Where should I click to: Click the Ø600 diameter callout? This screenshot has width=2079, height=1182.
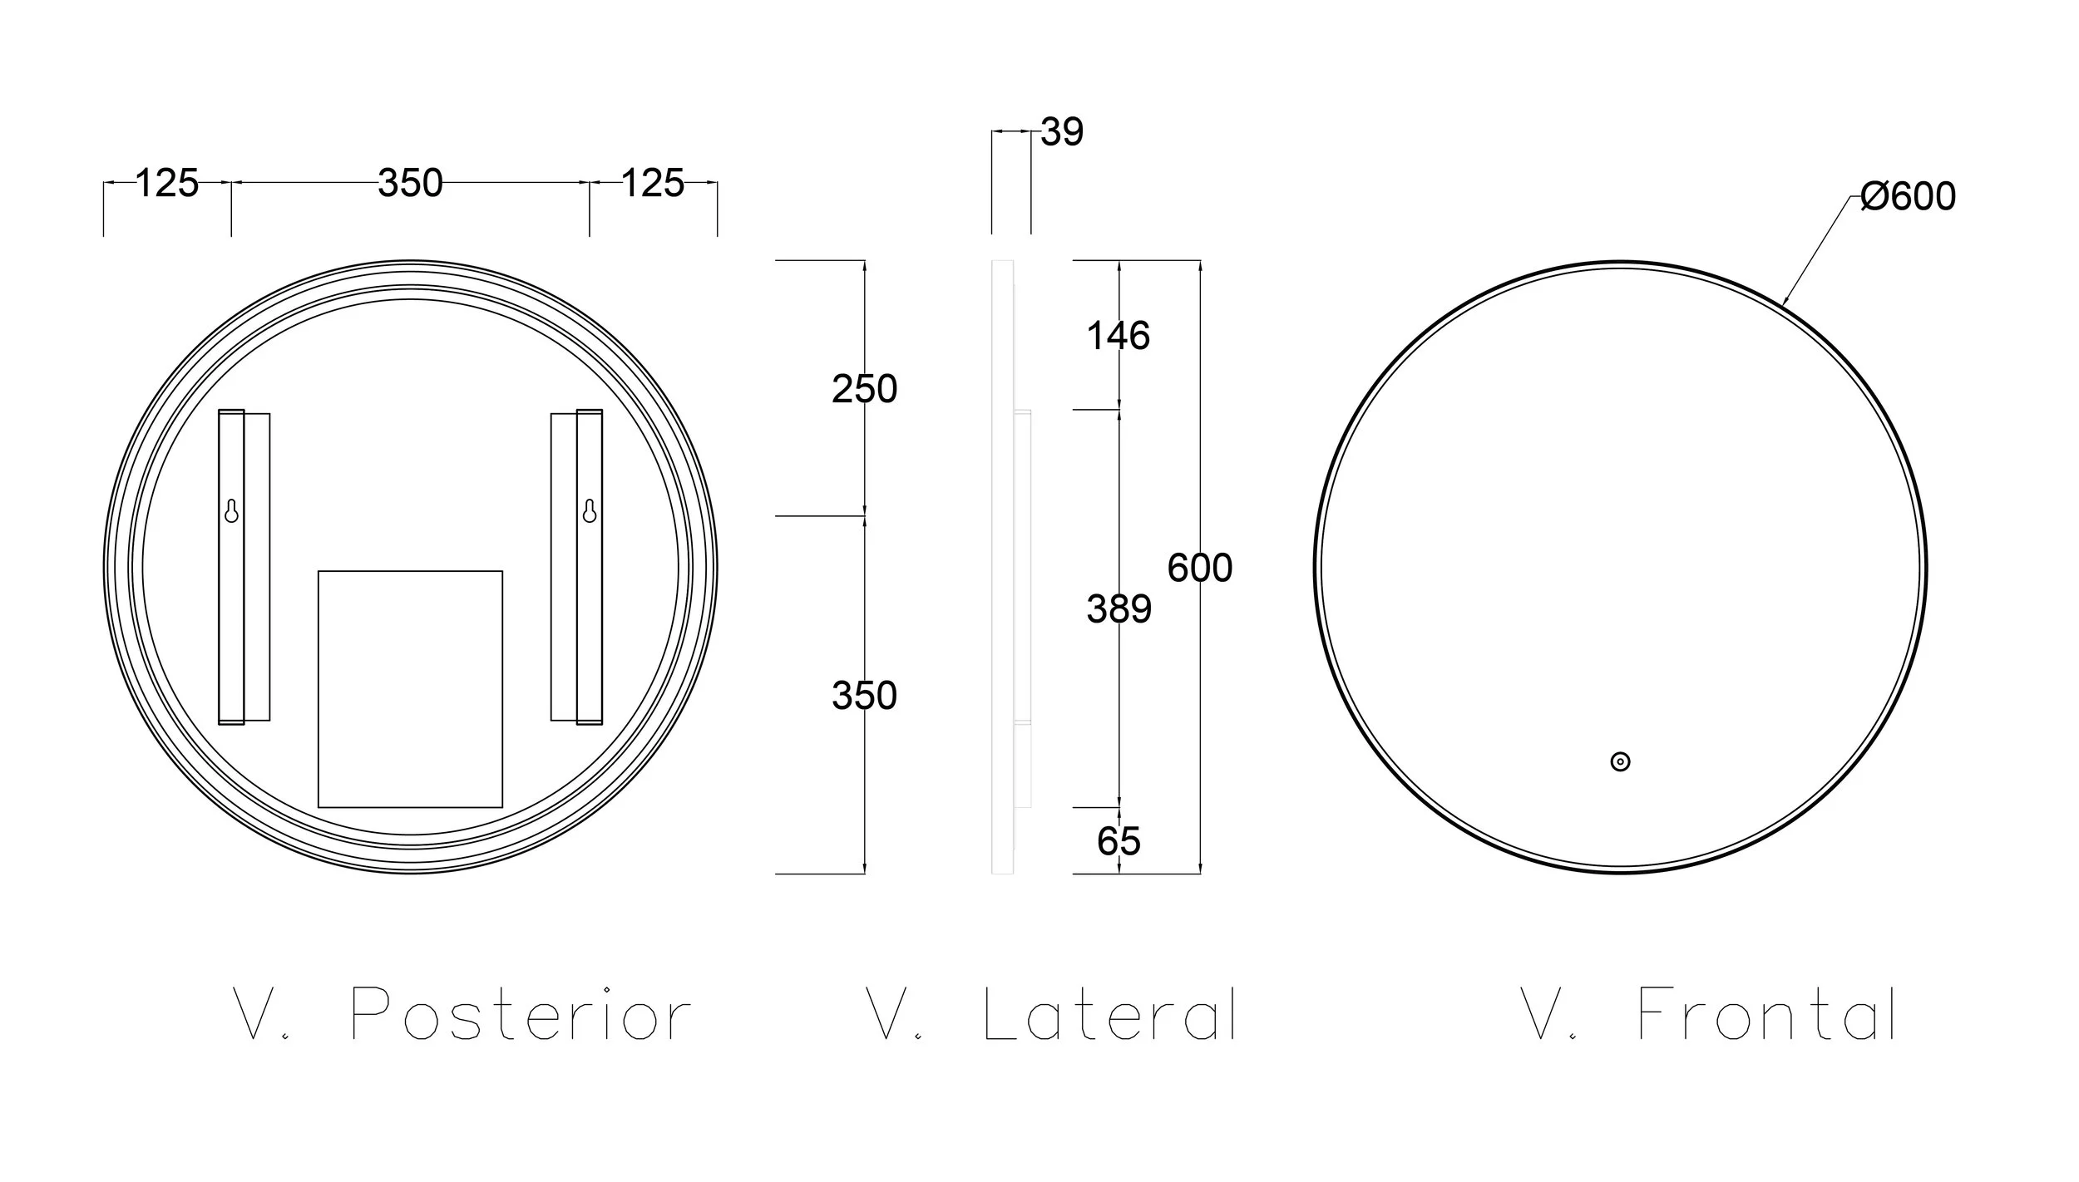[x=1908, y=197]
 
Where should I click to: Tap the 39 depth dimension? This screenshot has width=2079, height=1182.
[x=1062, y=132]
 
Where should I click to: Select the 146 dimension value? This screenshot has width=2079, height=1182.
[x=1119, y=336]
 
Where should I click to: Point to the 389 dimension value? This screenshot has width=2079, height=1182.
[x=1119, y=609]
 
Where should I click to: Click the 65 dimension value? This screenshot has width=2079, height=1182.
[x=1119, y=841]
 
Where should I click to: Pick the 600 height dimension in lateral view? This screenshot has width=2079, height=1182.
[x=1200, y=568]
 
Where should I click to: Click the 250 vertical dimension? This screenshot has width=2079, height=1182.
[x=865, y=389]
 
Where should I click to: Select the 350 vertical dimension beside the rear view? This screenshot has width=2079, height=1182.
[x=865, y=696]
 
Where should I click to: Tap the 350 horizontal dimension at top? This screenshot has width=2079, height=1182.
[x=410, y=183]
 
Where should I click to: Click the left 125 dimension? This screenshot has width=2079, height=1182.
[x=166, y=183]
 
